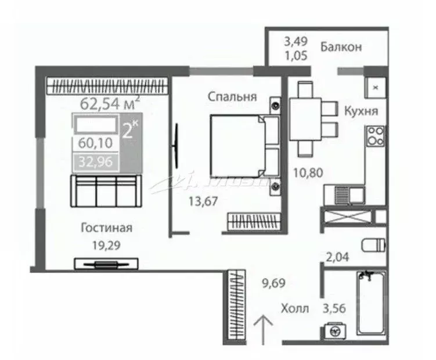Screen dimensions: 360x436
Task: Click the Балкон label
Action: [341, 45]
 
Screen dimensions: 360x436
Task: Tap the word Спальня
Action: [232, 98]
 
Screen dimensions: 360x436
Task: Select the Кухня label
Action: [361, 111]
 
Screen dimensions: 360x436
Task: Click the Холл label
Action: [294, 308]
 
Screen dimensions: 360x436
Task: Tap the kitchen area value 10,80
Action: [308, 172]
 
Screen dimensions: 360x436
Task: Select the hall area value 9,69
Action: [274, 284]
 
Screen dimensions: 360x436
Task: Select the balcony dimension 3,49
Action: [295, 42]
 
